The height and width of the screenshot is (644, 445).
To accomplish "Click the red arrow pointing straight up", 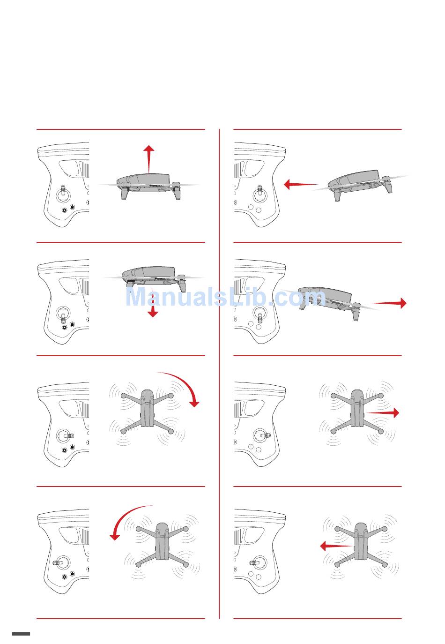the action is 149,159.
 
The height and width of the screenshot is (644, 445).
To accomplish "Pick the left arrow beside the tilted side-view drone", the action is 301,184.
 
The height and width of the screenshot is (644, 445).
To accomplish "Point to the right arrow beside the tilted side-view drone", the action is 389,303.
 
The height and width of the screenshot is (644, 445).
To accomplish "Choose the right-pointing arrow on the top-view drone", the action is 382,412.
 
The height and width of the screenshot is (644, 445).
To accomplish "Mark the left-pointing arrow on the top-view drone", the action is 336,546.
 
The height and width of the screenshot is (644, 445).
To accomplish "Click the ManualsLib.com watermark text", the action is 225,297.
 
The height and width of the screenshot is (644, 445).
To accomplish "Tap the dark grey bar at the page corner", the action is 21,634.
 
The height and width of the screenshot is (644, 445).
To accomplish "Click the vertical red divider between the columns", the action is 219,374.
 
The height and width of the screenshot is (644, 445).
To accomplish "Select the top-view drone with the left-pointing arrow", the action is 361,546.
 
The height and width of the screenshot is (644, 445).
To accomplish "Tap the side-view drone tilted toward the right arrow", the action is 330,303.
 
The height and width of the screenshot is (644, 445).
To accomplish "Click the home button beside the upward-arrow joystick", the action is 72,206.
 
